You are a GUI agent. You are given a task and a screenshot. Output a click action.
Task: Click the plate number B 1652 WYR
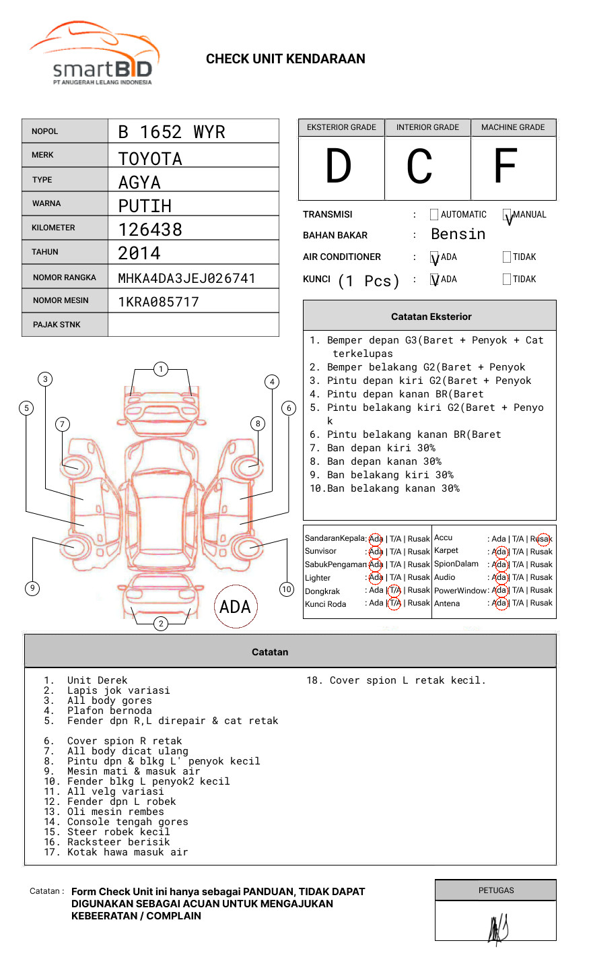171,132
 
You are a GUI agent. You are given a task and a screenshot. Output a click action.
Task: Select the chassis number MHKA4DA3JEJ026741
186,278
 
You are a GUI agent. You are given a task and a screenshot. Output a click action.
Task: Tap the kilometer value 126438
150,230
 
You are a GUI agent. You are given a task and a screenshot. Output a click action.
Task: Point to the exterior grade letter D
339,166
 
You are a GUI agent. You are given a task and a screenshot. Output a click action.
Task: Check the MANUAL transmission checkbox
508,216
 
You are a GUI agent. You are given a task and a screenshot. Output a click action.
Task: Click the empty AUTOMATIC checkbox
434,215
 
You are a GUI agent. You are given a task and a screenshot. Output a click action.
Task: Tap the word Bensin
458,234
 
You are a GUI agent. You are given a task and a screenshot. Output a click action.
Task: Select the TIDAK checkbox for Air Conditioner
507,257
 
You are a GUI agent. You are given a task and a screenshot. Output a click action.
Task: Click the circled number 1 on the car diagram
160,369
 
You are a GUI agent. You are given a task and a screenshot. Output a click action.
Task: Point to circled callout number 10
287,589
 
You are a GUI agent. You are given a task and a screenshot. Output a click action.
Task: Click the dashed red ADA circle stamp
235,607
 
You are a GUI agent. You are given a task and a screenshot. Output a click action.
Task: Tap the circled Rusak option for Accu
544,539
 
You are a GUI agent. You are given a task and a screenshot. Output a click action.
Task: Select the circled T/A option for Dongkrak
394,591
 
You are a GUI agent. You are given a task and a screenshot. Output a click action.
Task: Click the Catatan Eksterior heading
431,317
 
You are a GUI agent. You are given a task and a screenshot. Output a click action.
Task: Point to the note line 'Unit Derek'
97,680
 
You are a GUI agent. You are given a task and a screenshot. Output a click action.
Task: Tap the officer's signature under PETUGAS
497,929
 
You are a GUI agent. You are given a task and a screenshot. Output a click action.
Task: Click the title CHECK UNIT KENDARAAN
285,59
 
